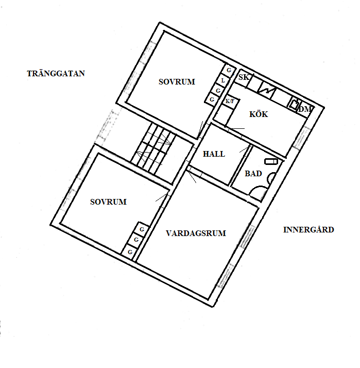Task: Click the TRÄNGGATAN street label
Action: (56, 74)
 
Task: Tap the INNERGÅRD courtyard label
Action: (308, 229)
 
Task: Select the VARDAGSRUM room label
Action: (196, 233)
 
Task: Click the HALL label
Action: (214, 154)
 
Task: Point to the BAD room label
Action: (253, 174)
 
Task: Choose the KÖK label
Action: (259, 114)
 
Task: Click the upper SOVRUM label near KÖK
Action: (177, 81)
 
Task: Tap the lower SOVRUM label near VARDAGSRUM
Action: (108, 202)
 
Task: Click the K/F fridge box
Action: (230, 102)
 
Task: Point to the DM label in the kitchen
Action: (305, 109)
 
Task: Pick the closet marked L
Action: (222, 80)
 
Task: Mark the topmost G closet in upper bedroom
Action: (229, 70)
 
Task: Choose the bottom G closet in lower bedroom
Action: (130, 252)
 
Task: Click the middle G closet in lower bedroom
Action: (136, 240)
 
